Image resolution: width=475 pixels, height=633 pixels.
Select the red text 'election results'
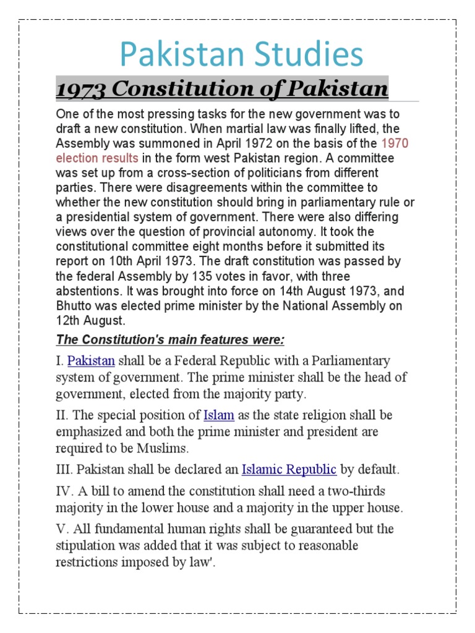97,158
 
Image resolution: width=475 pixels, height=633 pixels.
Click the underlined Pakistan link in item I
91,360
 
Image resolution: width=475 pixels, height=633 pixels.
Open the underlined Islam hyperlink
219,415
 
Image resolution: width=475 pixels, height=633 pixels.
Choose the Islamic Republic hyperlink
289,470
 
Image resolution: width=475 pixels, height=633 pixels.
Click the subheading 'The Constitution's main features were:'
170,340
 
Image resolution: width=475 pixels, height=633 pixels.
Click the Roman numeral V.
61,529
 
